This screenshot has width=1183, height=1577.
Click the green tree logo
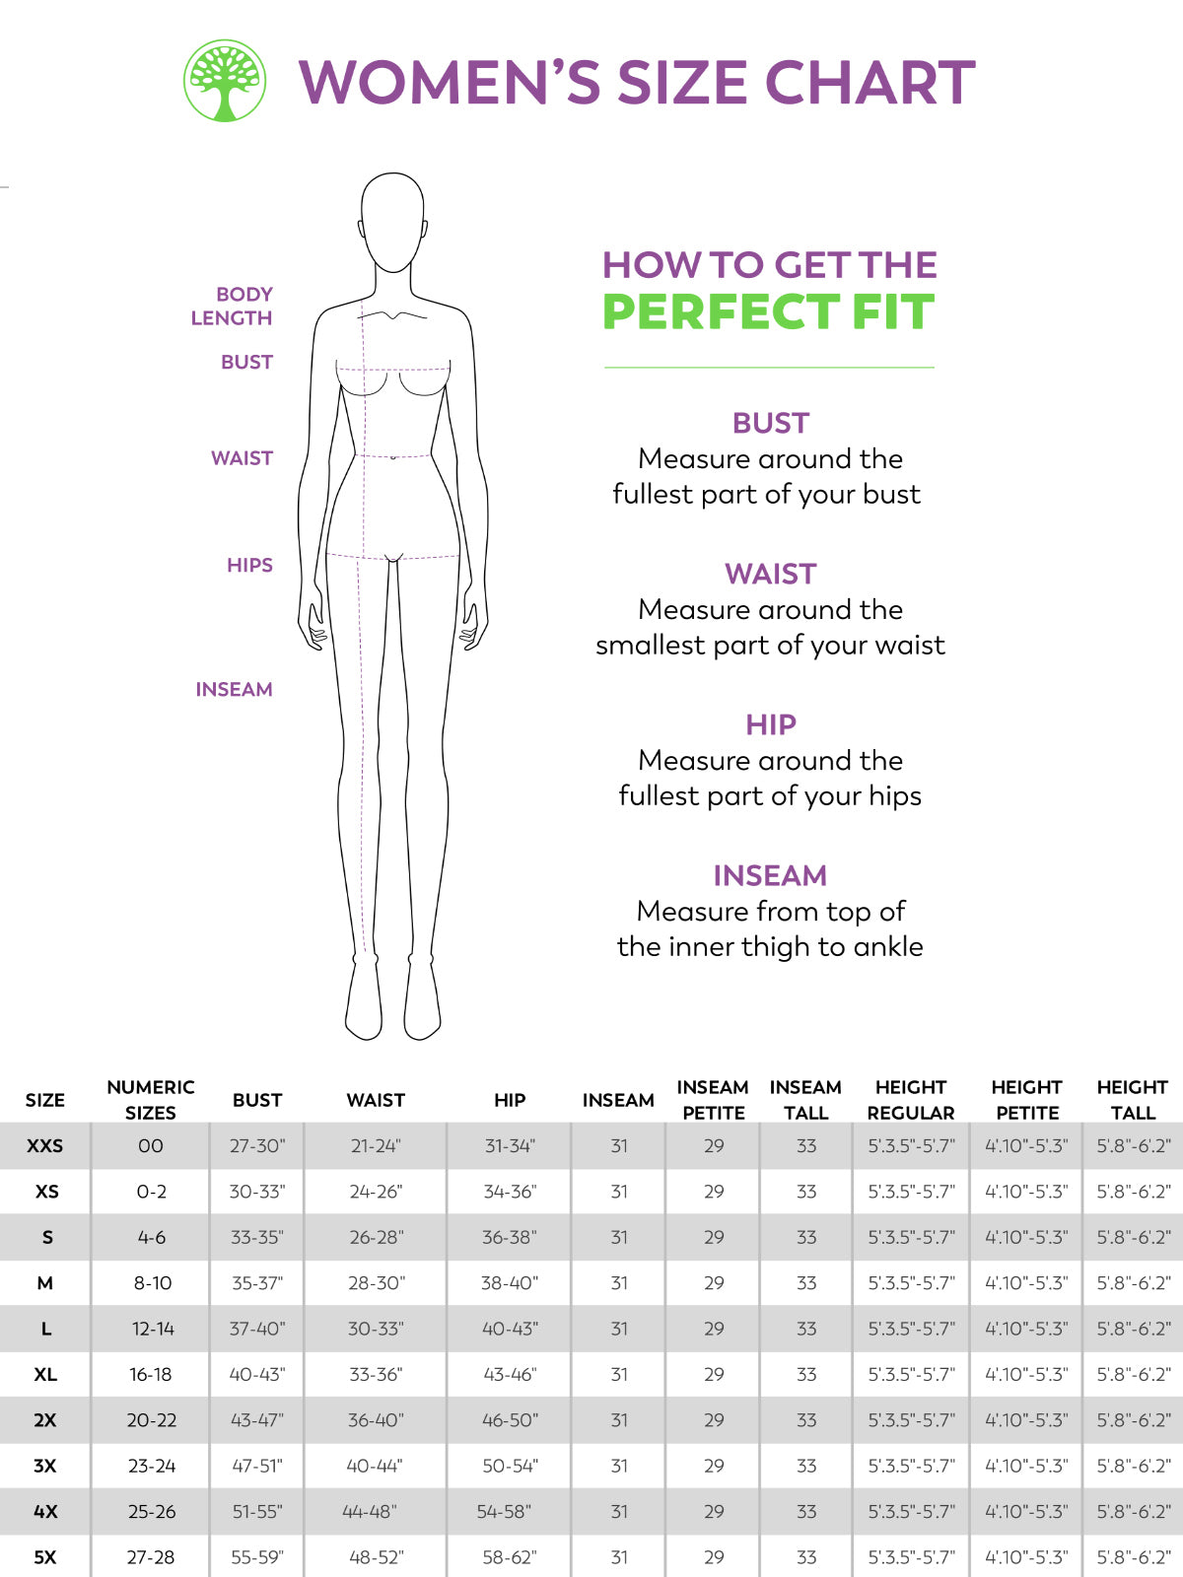pyautogui.click(x=225, y=81)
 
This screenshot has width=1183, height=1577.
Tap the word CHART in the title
pyautogui.click(x=870, y=82)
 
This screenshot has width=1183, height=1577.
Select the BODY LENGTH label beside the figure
pyautogui.click(x=232, y=307)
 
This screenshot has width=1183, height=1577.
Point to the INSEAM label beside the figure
pyautogui.click(x=234, y=690)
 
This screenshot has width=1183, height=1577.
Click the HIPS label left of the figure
pyautogui.click(x=249, y=566)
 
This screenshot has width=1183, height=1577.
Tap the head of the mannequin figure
pyautogui.click(x=392, y=222)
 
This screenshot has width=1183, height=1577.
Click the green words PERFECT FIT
pyautogui.click(x=768, y=312)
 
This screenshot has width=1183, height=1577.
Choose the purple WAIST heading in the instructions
pyautogui.click(x=770, y=574)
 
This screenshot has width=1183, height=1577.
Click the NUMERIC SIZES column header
pyautogui.click(x=151, y=1100)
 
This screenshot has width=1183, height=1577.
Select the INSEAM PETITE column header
pyautogui.click(x=713, y=1100)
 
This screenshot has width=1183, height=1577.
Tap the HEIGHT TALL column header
pyautogui.click(x=1132, y=1100)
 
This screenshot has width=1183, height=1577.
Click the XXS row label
pyautogui.click(x=45, y=1146)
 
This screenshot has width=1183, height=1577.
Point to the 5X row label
pyautogui.click(x=45, y=1557)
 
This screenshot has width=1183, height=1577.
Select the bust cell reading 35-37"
pyautogui.click(x=257, y=1283)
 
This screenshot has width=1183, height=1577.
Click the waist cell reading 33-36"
pyautogui.click(x=376, y=1374)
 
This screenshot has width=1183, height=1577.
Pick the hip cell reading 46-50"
pyautogui.click(x=510, y=1420)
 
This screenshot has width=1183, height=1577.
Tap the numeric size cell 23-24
pyautogui.click(x=152, y=1466)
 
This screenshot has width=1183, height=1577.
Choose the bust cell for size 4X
pyautogui.click(x=257, y=1512)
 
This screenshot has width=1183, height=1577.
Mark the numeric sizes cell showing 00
pyautogui.click(x=151, y=1146)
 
